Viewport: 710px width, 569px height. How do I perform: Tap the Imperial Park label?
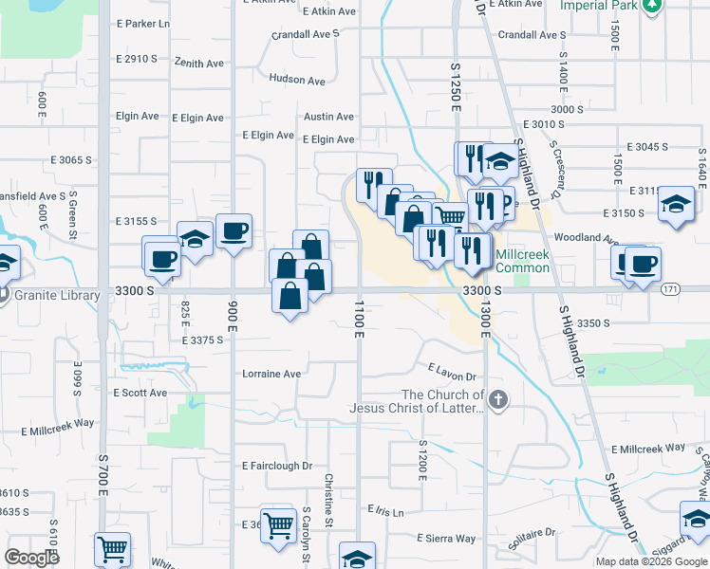pyautogui.click(x=599, y=6)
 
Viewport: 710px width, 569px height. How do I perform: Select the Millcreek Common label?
pyautogui.click(x=522, y=262)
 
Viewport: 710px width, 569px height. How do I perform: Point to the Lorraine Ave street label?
pyautogui.click(x=271, y=374)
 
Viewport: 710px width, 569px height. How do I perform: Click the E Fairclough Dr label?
pyautogui.click(x=276, y=466)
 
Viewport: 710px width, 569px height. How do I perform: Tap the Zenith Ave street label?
pyautogui.click(x=199, y=63)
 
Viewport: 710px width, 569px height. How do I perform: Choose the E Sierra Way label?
pyautogui.click(x=446, y=539)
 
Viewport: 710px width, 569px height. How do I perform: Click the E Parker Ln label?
pyautogui.click(x=141, y=23)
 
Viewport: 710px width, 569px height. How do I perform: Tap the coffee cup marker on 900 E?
pyautogui.click(x=234, y=229)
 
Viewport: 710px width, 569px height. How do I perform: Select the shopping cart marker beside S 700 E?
pyautogui.click(x=112, y=548)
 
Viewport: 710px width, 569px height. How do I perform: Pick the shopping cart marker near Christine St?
pyautogui.click(x=278, y=522)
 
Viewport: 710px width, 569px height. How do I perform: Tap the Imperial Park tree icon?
pyautogui.click(x=651, y=6)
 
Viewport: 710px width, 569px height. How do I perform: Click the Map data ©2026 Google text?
pyautogui.click(x=650, y=561)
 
